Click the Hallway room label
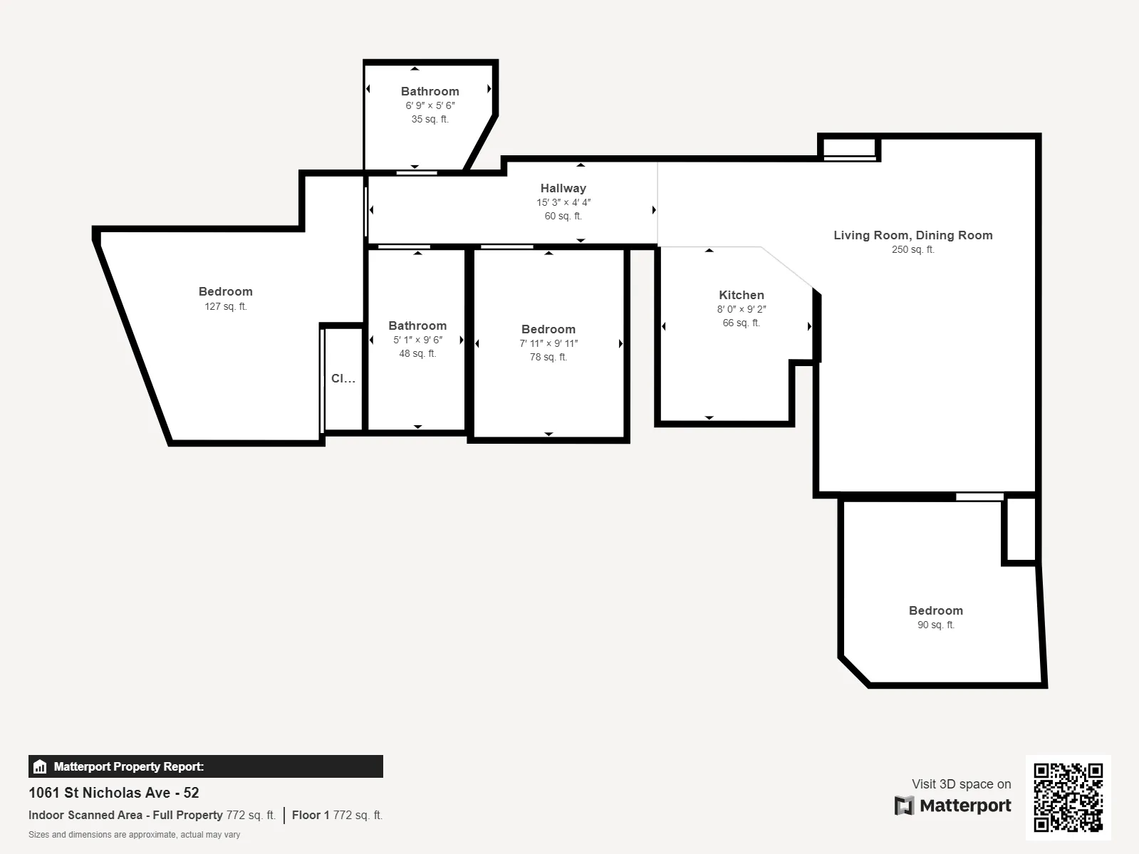[563, 188]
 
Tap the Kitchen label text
[741, 295]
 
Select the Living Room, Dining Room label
[912, 235]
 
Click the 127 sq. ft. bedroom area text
[225, 306]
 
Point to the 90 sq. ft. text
[935, 625]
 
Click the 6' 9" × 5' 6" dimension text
[430, 105]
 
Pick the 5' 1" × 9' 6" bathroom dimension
[417, 340]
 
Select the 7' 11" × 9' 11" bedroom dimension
[548, 343]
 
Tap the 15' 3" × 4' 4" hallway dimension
[563, 202]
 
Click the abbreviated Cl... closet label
[343, 378]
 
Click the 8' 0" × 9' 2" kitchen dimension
[741, 309]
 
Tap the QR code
[1068, 797]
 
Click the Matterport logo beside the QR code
[952, 806]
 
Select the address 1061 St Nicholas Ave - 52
[113, 793]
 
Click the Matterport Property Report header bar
[205, 766]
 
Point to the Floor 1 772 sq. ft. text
[337, 815]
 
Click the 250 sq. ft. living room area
[912, 249]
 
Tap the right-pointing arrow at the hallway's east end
[654, 210]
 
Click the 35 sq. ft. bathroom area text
[430, 119]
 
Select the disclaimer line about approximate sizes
[134, 835]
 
